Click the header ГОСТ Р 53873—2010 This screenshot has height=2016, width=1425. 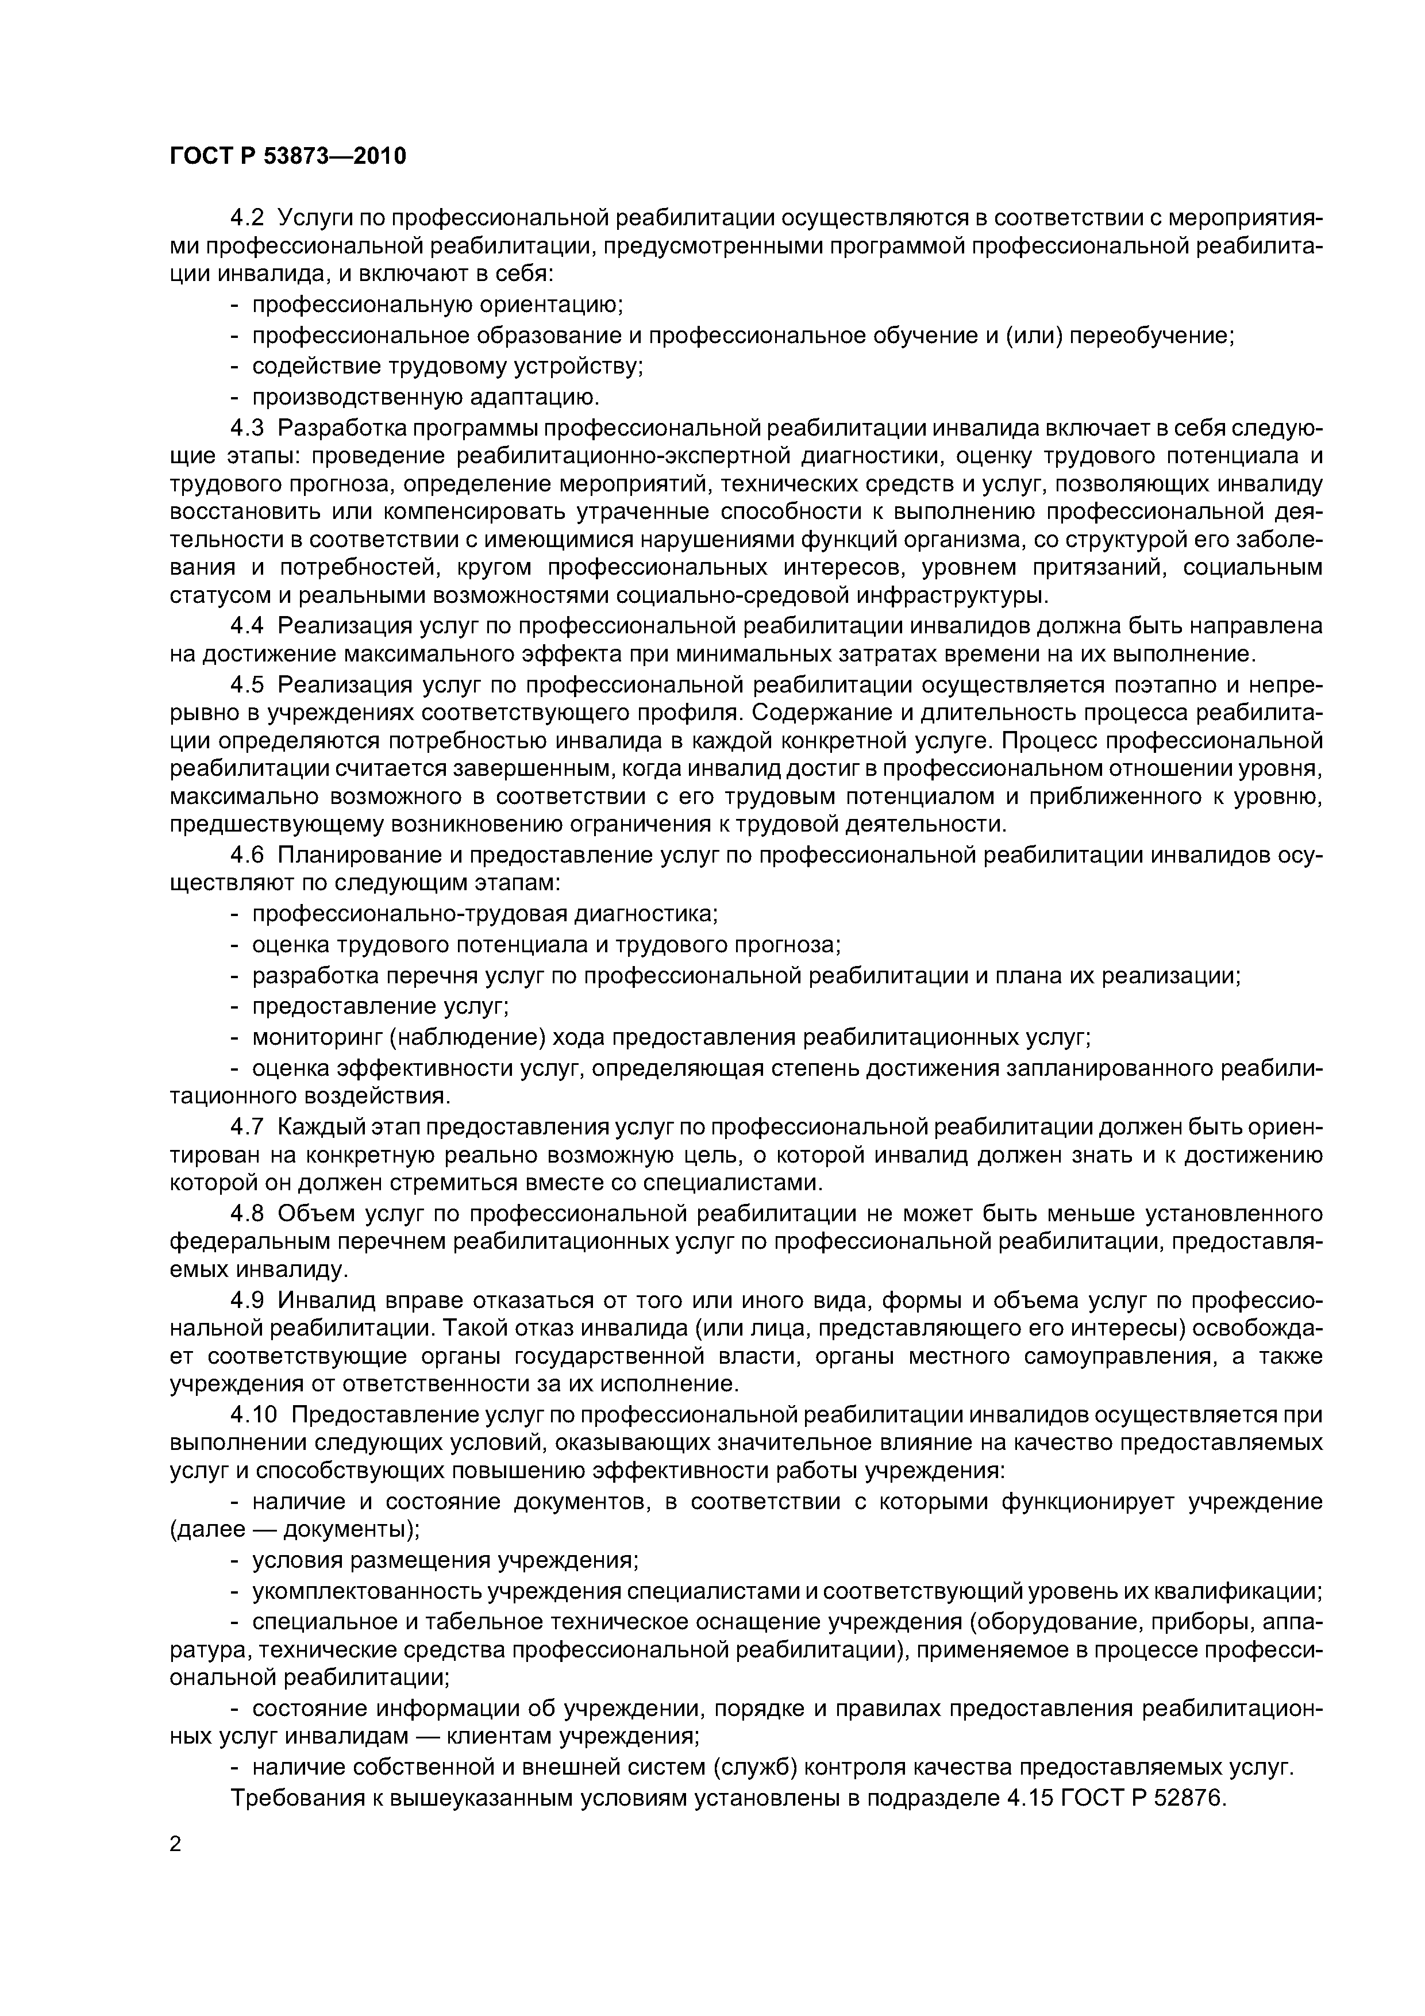tap(288, 157)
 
